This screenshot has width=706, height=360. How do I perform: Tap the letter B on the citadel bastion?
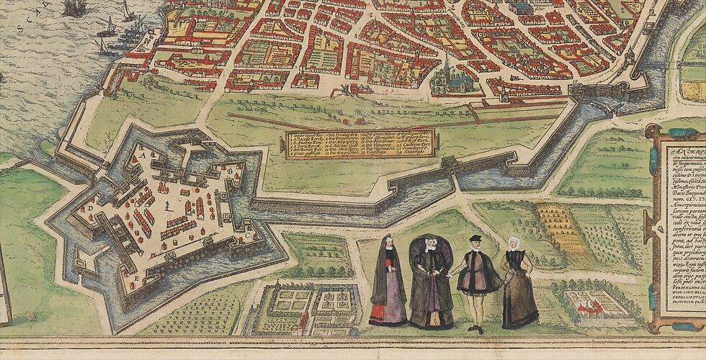229,171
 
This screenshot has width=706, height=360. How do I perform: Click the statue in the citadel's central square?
168,206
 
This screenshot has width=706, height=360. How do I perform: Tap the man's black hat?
474,238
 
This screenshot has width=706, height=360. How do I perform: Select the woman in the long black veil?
388,281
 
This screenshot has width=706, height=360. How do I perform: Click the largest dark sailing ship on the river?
73,8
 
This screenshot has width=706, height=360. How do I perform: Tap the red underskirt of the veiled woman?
380,314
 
